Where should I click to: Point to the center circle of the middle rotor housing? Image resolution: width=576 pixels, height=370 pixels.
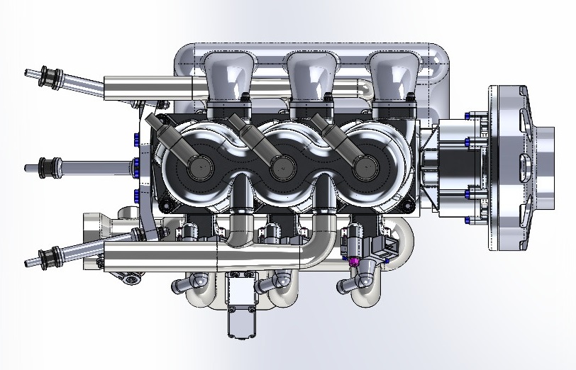pos(278,167)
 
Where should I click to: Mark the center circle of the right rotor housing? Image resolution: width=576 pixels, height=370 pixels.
pos(360,167)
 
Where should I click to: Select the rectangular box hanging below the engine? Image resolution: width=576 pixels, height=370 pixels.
pos(240,303)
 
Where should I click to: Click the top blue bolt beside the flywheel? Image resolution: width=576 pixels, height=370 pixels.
pos(467,116)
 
